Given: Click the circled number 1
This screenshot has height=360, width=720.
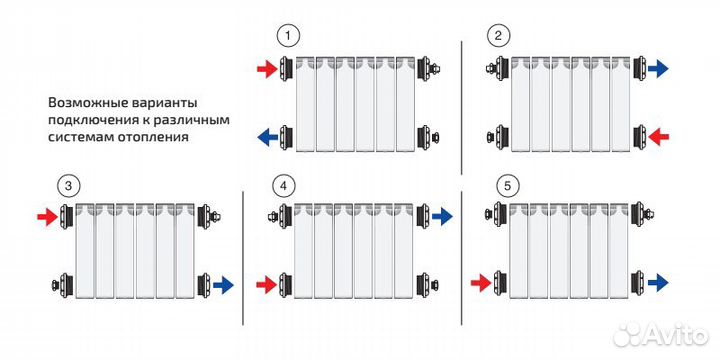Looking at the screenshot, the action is click(288, 37).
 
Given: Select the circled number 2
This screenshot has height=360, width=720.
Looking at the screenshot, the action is click(499, 37).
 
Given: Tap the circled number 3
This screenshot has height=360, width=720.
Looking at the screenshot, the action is click(68, 186).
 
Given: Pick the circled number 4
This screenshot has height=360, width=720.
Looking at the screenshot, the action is click(284, 186).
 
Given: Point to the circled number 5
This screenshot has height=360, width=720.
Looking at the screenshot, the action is click(507, 186).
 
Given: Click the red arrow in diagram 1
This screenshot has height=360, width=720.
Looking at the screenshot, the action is click(267, 69).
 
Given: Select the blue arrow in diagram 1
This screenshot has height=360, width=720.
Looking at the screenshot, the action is click(267, 136).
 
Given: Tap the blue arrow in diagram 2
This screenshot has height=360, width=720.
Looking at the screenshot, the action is click(658, 69).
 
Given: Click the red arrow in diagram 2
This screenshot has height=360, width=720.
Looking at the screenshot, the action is click(658, 136).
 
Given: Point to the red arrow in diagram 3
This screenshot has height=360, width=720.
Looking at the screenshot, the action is click(48, 216).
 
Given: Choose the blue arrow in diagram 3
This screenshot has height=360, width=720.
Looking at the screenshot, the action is click(224, 285).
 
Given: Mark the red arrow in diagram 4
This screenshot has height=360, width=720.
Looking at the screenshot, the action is click(267, 284).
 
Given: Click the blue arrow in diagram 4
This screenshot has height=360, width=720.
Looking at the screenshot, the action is click(443, 216).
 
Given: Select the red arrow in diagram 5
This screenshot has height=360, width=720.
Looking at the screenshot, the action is click(481, 283).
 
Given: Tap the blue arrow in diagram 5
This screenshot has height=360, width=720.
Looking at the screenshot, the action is click(658, 283).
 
